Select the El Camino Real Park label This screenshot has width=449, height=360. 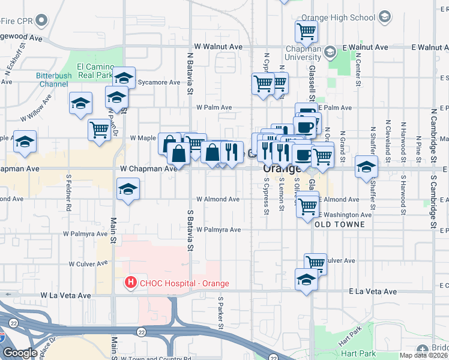(95, 70)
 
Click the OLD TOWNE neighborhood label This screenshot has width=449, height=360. (339, 224)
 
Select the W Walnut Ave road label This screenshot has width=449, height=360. (218, 47)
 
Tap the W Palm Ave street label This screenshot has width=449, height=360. (214, 107)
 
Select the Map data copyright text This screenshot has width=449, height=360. (424, 355)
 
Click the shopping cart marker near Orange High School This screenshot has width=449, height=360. (306, 30)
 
